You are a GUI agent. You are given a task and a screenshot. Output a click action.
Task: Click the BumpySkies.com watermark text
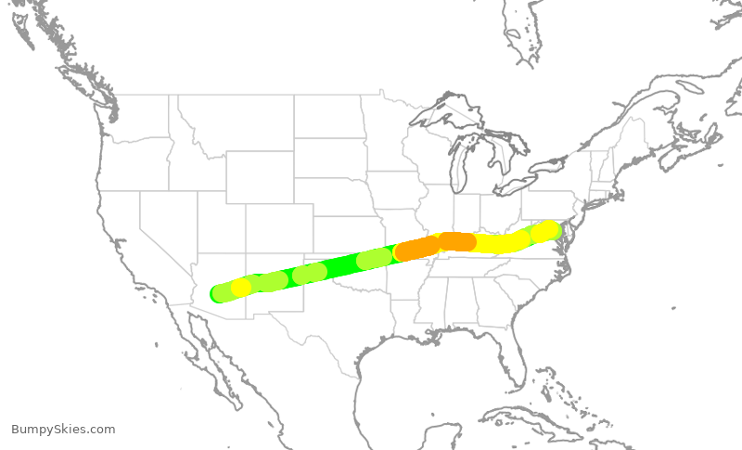pos(63,430)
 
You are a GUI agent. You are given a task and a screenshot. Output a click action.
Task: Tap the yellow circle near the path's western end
pos(241,288)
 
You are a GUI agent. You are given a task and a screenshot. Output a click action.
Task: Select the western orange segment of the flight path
pos(418,248)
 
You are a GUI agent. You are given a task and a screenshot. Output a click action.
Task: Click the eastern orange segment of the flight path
pos(457,241)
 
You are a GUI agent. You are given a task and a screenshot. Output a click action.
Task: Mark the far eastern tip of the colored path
pos(556,228)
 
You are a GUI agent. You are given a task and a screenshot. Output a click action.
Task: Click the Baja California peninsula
pos(209,357)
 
